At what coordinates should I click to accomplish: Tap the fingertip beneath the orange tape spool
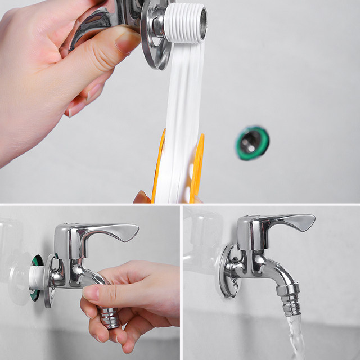point(142,197)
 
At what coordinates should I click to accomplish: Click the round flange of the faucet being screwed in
point(49,281)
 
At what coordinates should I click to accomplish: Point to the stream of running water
point(295,340)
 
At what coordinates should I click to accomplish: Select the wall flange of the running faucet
point(228,270)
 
